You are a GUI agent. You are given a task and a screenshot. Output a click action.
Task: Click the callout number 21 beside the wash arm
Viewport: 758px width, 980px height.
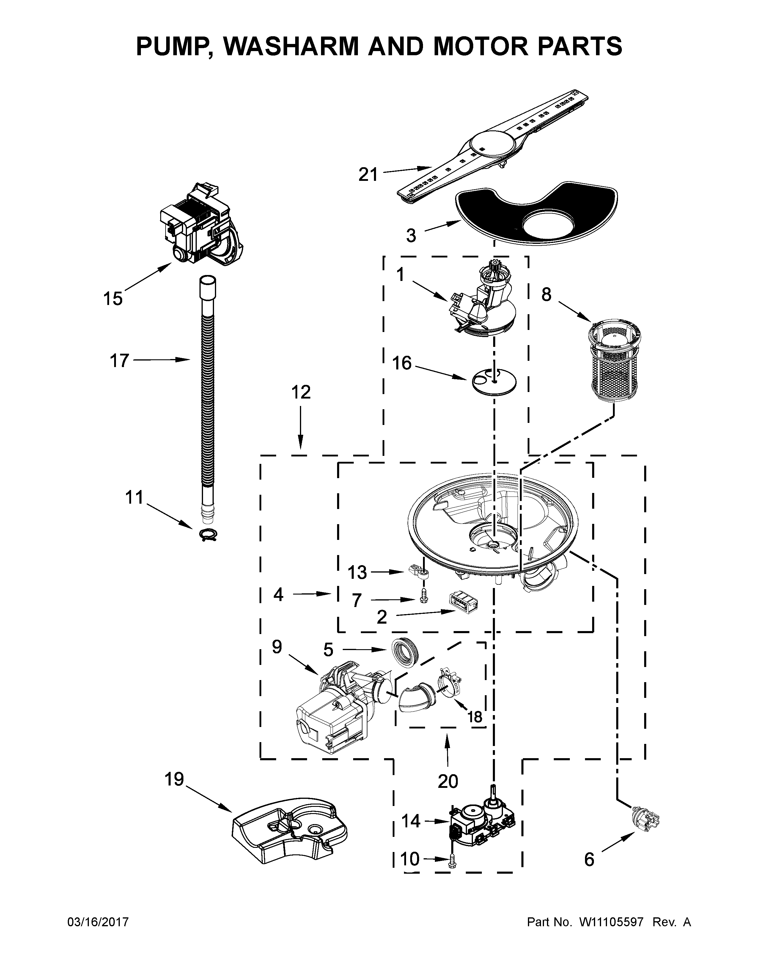click(368, 175)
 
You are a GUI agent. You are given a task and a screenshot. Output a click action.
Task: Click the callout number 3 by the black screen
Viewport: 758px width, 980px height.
click(411, 235)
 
